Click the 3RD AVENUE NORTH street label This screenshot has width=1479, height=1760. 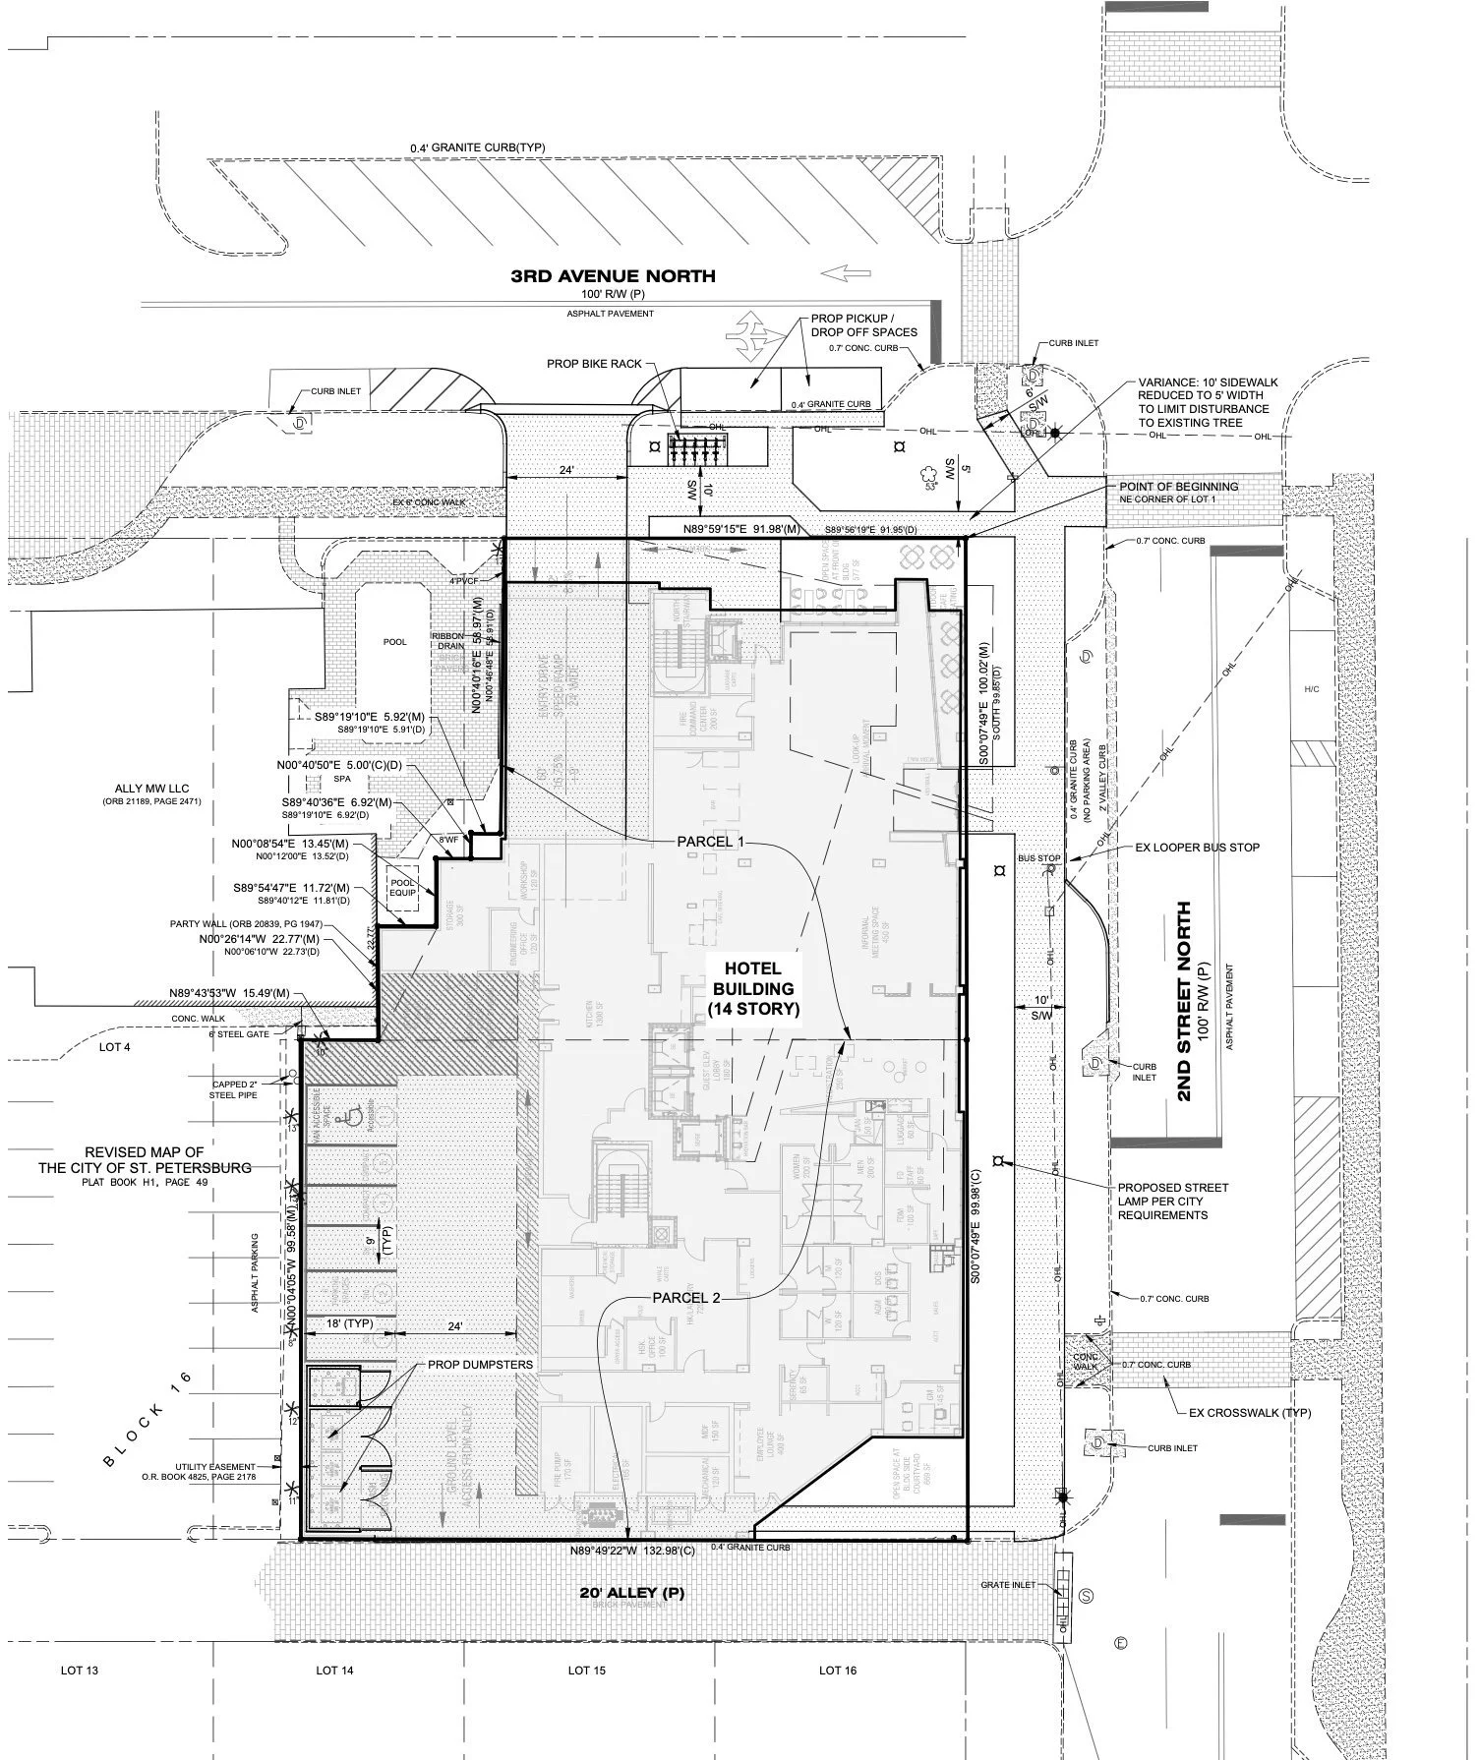pyautogui.click(x=613, y=276)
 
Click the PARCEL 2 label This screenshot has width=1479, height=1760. pyautogui.click(x=686, y=1298)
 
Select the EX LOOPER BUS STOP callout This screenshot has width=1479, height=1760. pyautogui.click(x=1197, y=847)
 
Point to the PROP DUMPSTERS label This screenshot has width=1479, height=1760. pyautogui.click(x=480, y=1366)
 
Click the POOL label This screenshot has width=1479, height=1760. pyautogui.click(x=394, y=642)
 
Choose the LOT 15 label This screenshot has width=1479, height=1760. pyautogui.click(x=586, y=1670)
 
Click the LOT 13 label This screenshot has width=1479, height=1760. pyautogui.click(x=80, y=1670)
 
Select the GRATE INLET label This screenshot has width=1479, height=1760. pyautogui.click(x=1008, y=1585)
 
